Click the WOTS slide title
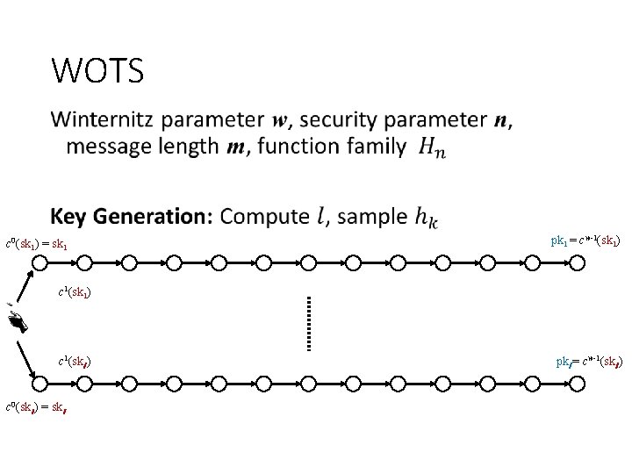[97, 71]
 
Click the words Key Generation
[131, 216]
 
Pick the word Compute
[264, 216]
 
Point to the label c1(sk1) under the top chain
[75, 291]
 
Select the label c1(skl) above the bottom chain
[75, 361]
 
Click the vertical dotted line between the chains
[309, 322]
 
